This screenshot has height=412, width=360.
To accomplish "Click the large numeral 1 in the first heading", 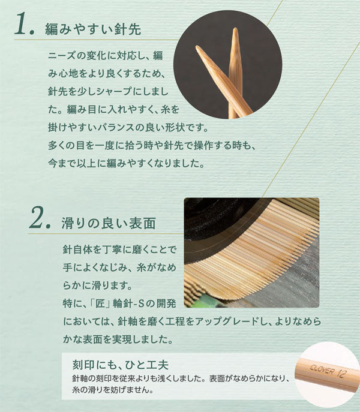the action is click(22, 25).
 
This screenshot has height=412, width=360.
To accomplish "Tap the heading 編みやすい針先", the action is click(93, 29).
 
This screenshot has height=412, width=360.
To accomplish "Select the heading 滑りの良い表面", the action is click(109, 223).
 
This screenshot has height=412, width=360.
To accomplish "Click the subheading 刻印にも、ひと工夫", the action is click(121, 365).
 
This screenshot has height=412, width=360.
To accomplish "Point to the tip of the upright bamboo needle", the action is click(235, 28).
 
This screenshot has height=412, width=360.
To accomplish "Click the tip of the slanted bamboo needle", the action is click(197, 47).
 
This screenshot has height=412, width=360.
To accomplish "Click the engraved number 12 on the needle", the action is click(342, 374).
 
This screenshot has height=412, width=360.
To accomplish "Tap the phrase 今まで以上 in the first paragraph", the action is click(73, 164).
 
